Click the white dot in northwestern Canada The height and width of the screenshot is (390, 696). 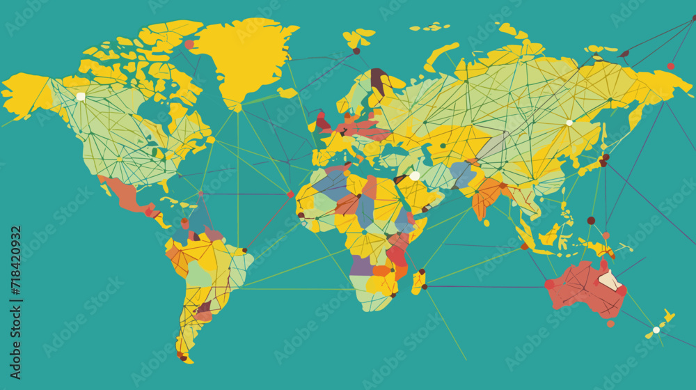pyautogui.click(x=81, y=96)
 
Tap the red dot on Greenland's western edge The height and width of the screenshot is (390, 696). pyautogui.click(x=189, y=44)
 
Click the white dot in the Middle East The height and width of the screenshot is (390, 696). pyautogui.click(x=415, y=175)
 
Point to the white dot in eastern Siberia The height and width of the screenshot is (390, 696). pyautogui.click(x=569, y=123)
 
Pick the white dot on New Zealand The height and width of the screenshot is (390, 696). pyautogui.click(x=656, y=329)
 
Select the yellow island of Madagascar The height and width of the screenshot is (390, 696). pyautogui.click(x=418, y=281)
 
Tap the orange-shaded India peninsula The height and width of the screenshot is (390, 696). pyautogui.click(x=487, y=195)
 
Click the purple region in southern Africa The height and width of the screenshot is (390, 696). pyautogui.click(x=361, y=265)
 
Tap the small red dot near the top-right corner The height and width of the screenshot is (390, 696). pyautogui.click(x=671, y=66)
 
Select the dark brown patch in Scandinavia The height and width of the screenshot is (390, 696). pyautogui.click(x=378, y=79)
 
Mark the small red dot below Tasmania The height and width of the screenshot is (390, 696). pyautogui.click(x=610, y=323)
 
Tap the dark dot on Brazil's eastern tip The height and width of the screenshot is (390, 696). pyautogui.click(x=244, y=249)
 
